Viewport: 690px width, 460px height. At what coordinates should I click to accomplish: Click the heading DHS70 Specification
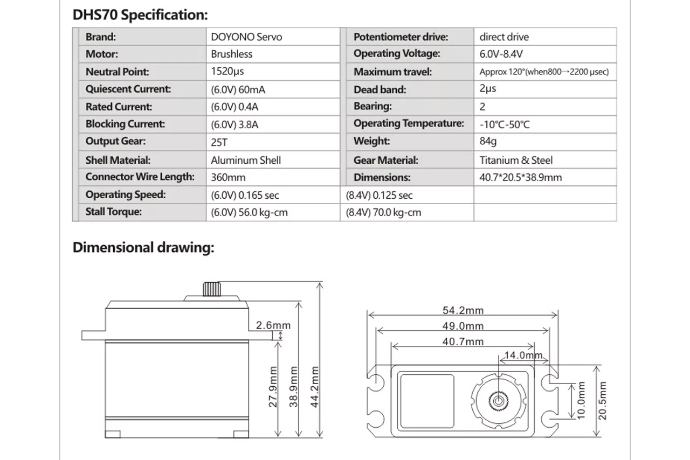[140, 15]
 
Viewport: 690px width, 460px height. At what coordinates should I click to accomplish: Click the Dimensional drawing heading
[143, 247]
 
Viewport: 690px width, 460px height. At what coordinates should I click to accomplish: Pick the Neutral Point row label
[117, 72]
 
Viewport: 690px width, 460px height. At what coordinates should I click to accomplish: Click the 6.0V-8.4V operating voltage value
[501, 54]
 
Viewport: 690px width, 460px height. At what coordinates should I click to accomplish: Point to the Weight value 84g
[488, 141]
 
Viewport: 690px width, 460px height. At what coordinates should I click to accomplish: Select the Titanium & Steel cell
[516, 160]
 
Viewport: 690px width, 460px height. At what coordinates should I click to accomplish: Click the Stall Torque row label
[113, 212]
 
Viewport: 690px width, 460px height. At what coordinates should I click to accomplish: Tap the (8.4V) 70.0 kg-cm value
[383, 212]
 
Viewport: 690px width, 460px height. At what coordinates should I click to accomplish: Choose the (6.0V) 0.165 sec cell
[245, 195]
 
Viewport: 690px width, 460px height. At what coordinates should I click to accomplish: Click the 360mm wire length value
[228, 178]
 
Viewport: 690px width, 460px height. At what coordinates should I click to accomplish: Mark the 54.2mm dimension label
[463, 310]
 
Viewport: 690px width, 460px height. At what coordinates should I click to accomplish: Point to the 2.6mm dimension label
[273, 325]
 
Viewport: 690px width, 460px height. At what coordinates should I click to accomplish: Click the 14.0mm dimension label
[523, 355]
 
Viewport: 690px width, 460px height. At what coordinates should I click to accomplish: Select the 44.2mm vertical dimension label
[314, 387]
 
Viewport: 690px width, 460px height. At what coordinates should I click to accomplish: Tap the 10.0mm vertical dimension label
[581, 400]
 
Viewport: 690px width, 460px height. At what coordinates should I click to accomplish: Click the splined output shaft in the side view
[212, 289]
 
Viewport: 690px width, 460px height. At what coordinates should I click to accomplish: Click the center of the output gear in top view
[499, 401]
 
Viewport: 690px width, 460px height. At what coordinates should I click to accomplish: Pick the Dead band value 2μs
[488, 89]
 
